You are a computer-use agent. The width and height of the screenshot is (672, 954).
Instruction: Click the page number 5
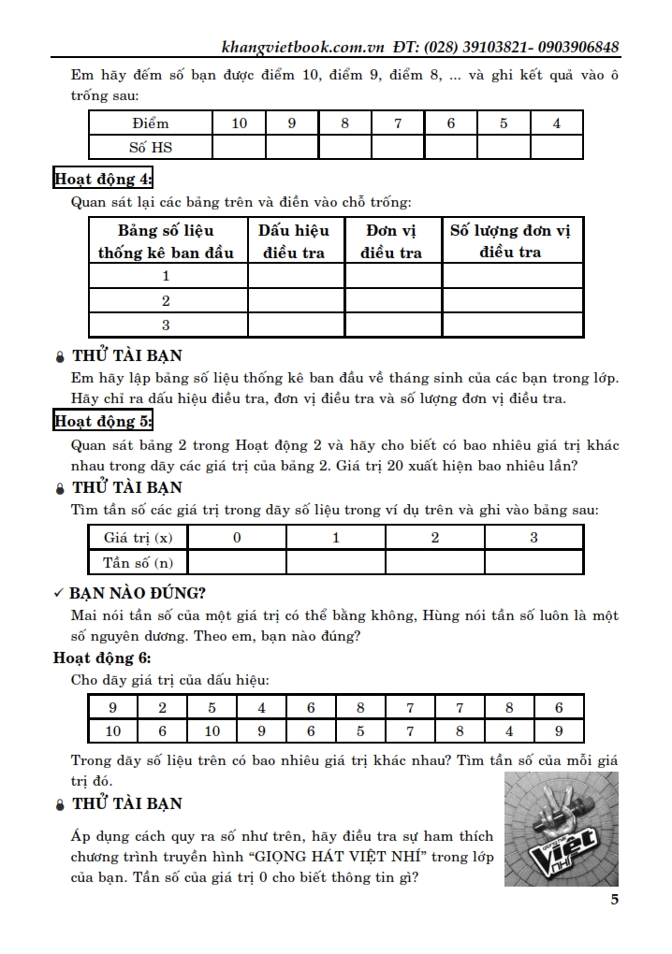614,901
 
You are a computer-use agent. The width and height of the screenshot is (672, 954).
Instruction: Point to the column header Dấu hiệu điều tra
295,240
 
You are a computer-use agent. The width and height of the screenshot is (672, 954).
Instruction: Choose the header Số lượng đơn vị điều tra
511,240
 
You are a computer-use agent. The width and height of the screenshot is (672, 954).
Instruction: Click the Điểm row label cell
150,123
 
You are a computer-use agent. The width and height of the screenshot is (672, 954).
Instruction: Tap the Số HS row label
150,147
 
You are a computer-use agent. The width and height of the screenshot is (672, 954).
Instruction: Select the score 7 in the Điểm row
398,123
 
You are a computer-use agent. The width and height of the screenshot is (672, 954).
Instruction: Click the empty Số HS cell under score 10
239,147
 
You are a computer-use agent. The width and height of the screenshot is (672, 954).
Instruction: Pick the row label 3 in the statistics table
167,325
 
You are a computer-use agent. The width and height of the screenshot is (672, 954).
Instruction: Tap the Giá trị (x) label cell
138,537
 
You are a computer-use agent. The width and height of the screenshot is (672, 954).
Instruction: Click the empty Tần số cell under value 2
434,561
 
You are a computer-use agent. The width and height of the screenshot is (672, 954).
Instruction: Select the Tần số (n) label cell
138,561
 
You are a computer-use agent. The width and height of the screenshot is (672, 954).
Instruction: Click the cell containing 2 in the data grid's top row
163,707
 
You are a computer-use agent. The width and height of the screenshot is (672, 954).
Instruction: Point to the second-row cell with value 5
360,731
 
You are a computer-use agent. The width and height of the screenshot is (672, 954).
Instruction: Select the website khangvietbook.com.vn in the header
298,48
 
